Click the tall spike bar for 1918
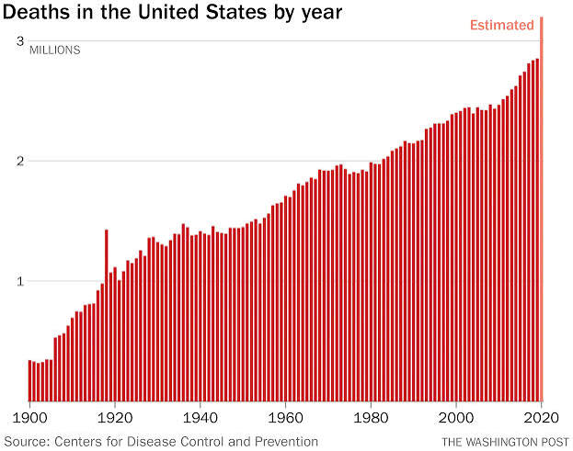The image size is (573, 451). [x=107, y=315]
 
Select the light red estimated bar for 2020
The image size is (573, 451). [x=542, y=209]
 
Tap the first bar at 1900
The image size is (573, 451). [x=30, y=380]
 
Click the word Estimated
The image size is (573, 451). [x=502, y=25]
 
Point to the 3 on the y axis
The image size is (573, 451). [x=19, y=40]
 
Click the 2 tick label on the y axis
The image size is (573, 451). [x=19, y=161]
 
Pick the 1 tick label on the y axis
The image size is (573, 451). [x=20, y=281]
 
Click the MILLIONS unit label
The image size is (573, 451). [x=55, y=50]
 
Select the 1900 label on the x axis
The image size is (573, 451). [x=30, y=418]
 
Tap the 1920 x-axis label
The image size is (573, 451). [x=115, y=418]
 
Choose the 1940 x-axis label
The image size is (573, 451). [x=201, y=418]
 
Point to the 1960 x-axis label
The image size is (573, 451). [x=285, y=418]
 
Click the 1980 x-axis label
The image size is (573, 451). [x=371, y=418]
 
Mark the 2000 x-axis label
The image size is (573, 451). [x=456, y=418]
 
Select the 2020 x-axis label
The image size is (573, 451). [x=541, y=418]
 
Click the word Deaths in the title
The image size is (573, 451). [x=36, y=12]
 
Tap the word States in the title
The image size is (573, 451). [x=235, y=12]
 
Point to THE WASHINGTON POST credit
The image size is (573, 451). [x=505, y=442]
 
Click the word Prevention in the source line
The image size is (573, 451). [x=286, y=442]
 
